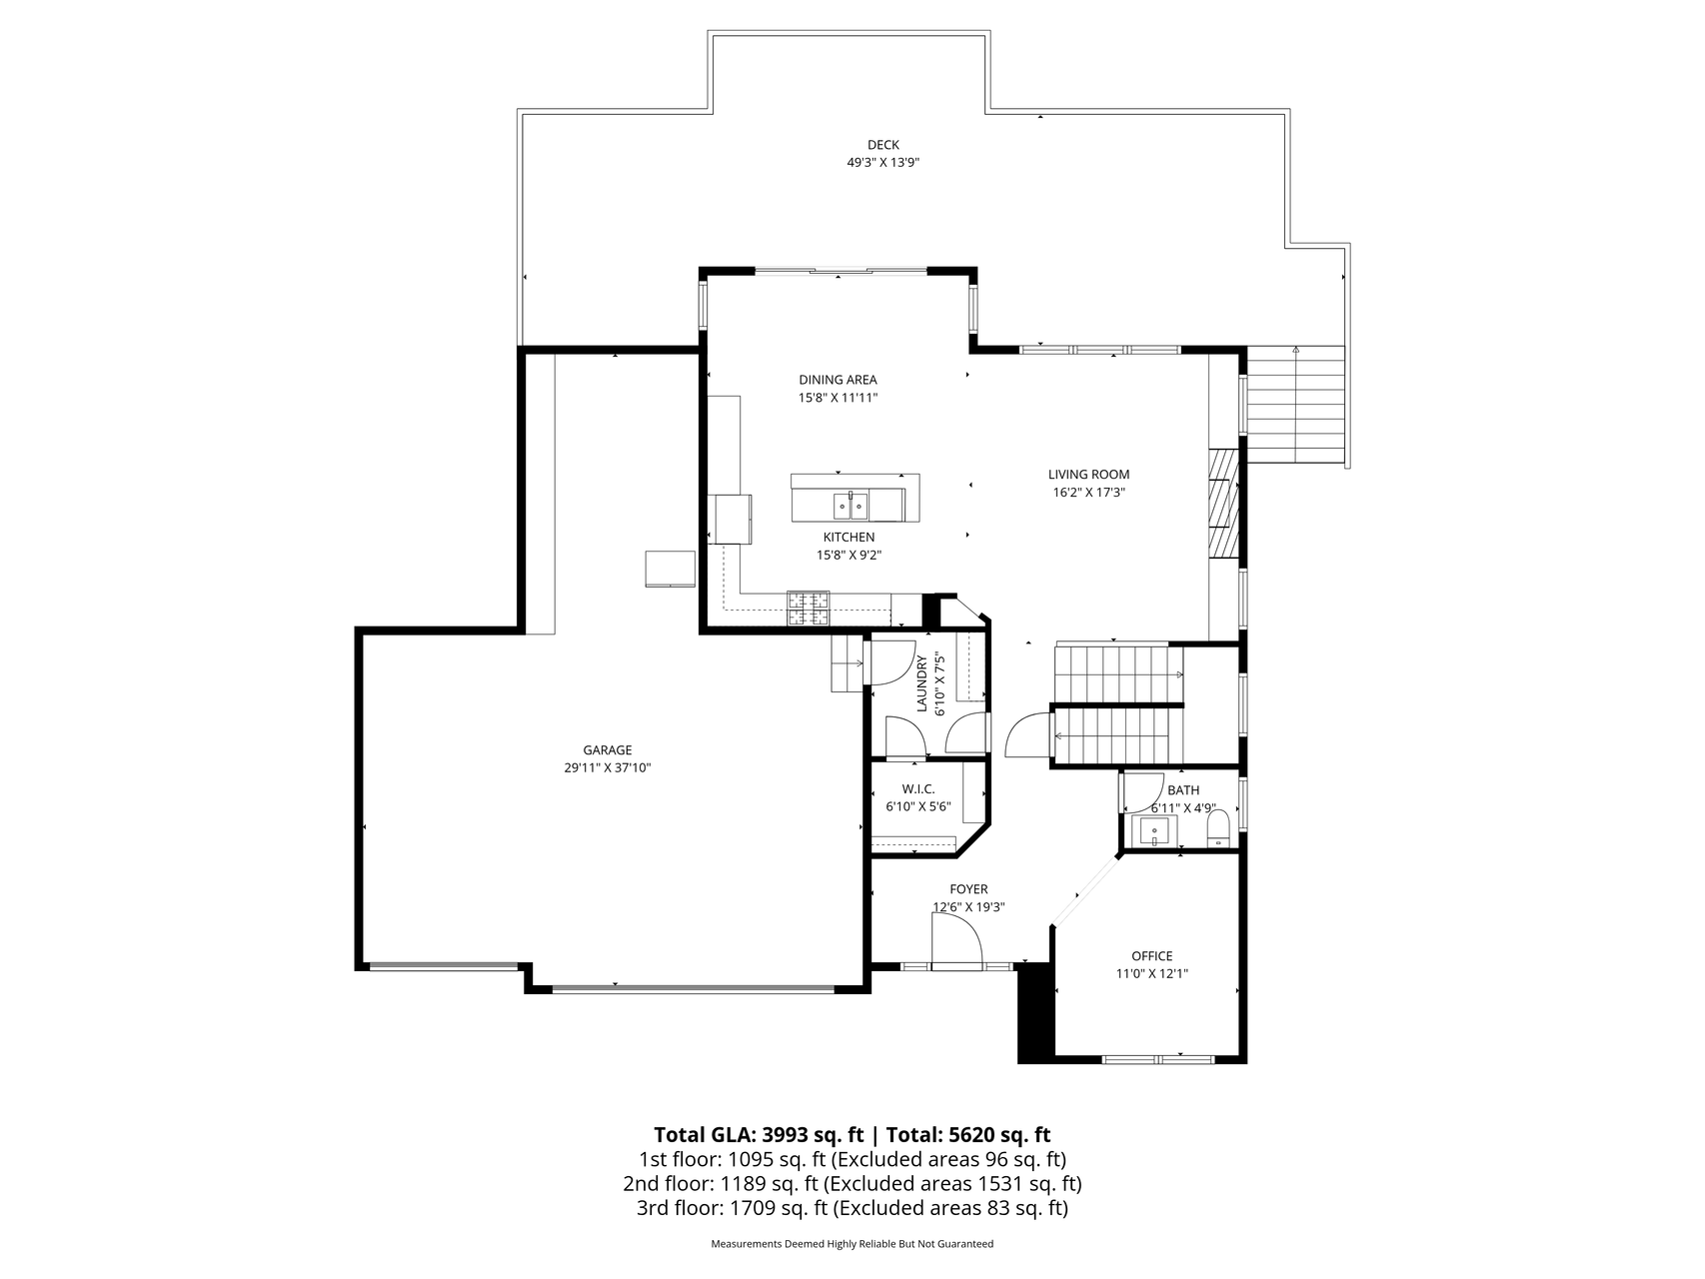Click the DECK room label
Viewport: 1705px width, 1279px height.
pos(882,145)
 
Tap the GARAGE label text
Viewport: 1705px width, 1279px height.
pos(608,750)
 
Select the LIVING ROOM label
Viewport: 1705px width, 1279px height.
pos(1088,475)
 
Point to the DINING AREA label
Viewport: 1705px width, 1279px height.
pos(838,380)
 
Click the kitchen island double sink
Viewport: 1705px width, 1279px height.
pos(852,506)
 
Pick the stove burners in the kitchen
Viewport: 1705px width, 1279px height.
pos(809,610)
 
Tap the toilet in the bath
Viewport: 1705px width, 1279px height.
pos(1218,827)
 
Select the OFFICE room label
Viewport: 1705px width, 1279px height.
pos(1151,956)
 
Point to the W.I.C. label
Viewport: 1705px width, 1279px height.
pos(917,789)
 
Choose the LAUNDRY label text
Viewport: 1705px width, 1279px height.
pos(922,682)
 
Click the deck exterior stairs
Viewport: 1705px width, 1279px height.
pos(1295,405)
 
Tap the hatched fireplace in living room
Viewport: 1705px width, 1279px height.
pos(1222,503)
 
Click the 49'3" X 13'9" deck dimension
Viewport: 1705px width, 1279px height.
pos(882,162)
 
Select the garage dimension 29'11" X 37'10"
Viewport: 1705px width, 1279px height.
pos(608,767)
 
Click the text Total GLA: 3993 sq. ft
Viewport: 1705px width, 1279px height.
pos(759,1135)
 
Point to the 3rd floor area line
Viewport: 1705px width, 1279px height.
pos(852,1209)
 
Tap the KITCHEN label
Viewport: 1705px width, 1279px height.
pos(849,538)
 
